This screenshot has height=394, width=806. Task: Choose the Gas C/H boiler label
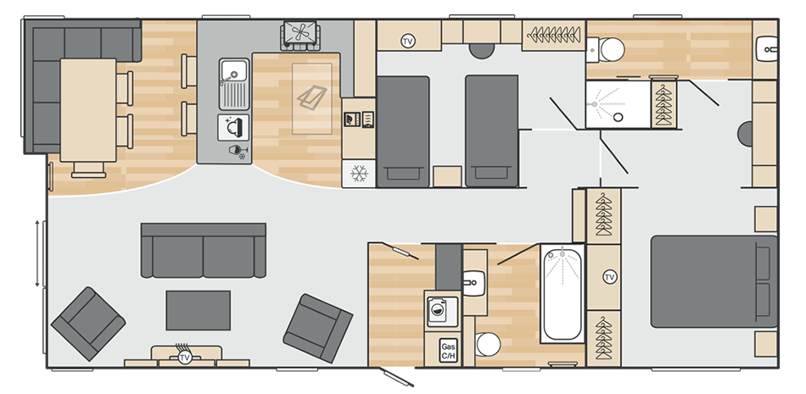[x=447, y=350]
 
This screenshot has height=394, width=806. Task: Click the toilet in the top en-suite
[x=607, y=50]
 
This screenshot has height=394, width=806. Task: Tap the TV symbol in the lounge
[x=185, y=358]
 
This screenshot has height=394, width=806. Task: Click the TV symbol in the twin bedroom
[x=408, y=42]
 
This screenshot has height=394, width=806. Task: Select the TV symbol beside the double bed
[x=609, y=278]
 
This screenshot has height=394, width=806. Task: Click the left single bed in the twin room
[x=402, y=130]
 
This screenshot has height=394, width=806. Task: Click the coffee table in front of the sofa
[x=198, y=310]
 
